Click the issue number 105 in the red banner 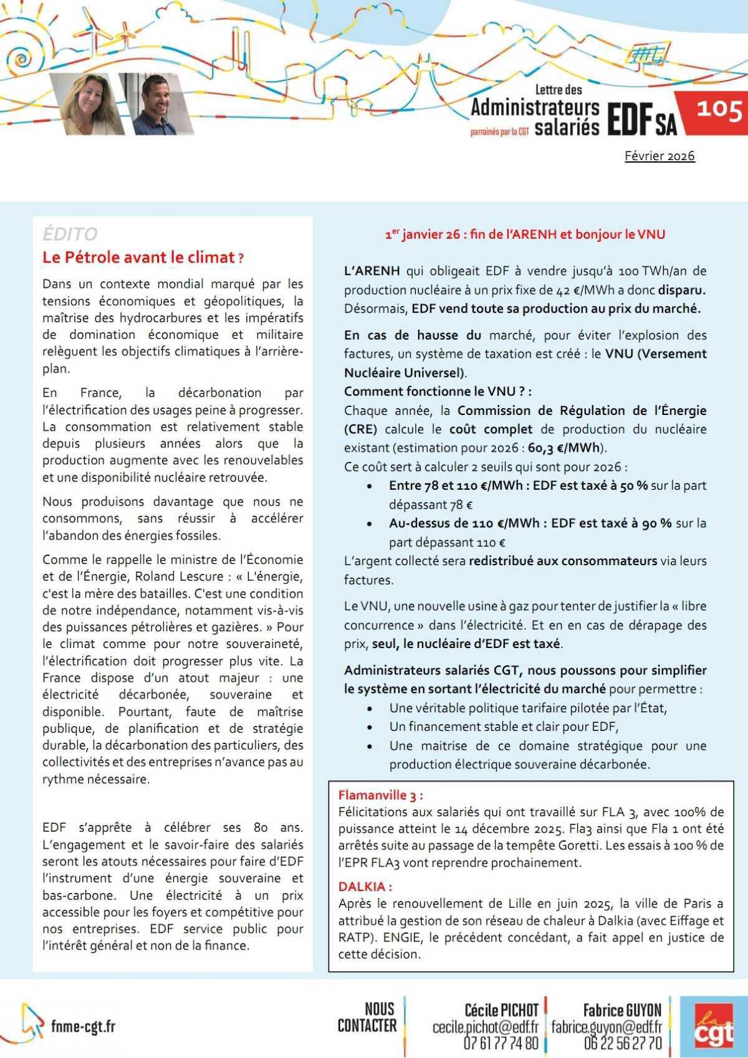pyautogui.click(x=719, y=110)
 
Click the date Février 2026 pyautogui.click(x=659, y=156)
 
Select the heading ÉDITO pyautogui.click(x=70, y=234)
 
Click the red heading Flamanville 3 pyautogui.click(x=380, y=795)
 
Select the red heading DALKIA pyautogui.click(x=365, y=886)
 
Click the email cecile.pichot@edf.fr pyautogui.click(x=485, y=1026)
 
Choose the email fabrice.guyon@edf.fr pyautogui.click(x=606, y=1026)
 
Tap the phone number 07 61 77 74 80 pyautogui.click(x=501, y=1042)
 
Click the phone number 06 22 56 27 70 pyautogui.click(x=622, y=1042)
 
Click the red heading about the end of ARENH pyautogui.click(x=525, y=234)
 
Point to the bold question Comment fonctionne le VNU pyautogui.click(x=438, y=391)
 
